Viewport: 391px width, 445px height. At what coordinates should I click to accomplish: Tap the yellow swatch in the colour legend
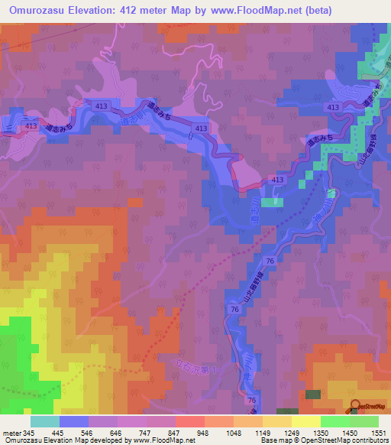[x=305, y=421]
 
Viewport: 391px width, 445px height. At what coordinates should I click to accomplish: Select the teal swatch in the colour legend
[x=45, y=421]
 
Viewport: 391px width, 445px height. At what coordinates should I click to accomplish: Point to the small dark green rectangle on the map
[x=313, y=394]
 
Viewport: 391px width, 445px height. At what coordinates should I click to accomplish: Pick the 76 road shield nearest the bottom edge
[x=250, y=400]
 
